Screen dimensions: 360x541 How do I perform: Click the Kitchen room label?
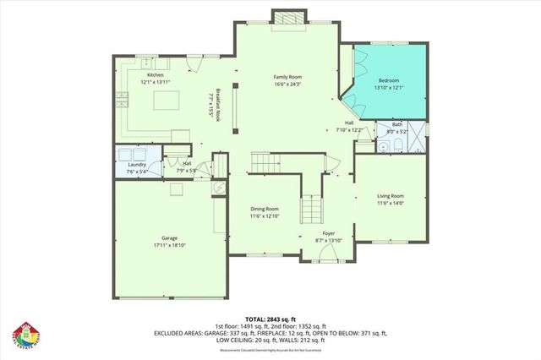[156, 75]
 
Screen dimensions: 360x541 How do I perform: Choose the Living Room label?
[391, 196]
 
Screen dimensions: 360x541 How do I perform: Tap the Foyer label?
[330, 233]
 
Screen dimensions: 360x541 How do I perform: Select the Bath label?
[396, 125]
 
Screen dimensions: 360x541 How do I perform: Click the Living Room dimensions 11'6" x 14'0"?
[391, 203]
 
